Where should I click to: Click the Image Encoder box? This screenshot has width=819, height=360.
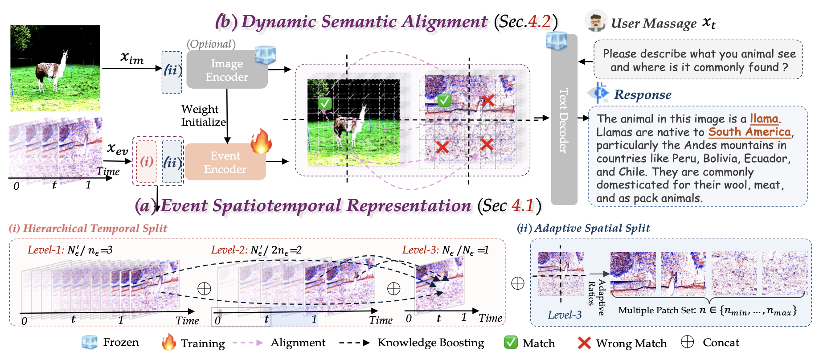pos(226,70)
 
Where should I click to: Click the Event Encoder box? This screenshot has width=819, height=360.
pos(225,162)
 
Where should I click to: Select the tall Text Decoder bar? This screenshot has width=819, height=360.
pos(564,120)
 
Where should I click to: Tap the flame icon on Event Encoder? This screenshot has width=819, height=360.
pos(261,142)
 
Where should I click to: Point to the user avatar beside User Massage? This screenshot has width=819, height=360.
pos(596,21)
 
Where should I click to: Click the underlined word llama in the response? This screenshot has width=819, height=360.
pos(764,119)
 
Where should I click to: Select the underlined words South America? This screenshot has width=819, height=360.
pos(749,132)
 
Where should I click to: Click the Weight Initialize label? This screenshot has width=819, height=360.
pos(203,115)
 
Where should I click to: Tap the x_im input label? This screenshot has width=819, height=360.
pos(132,58)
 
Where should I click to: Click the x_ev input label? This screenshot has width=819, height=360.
pos(118,148)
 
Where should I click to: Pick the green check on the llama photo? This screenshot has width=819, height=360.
pos(325,103)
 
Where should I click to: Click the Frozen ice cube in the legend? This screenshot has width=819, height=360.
pos(89,342)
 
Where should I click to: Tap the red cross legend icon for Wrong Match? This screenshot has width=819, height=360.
pos(584,343)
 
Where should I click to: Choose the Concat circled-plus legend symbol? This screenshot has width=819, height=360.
pos(688,342)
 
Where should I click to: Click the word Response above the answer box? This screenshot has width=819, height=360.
pos(643,94)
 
